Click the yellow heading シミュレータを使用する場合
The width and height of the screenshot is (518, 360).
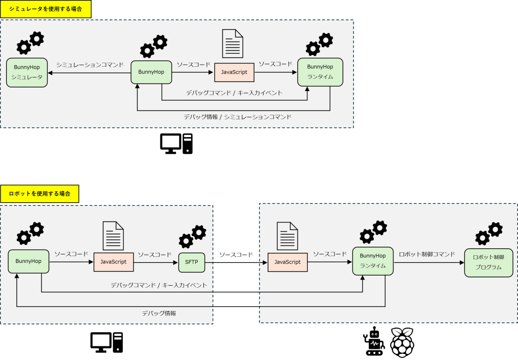(46, 9)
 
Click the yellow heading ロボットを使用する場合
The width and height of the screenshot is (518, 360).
(39, 194)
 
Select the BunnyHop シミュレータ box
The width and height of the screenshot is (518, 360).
(27, 72)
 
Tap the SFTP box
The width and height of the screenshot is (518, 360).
(192, 262)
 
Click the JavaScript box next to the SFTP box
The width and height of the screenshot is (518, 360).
(113, 262)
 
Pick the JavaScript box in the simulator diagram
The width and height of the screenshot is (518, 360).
(234, 72)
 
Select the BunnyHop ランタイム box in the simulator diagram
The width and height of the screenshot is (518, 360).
(320, 72)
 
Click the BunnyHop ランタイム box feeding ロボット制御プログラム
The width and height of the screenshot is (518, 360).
(373, 261)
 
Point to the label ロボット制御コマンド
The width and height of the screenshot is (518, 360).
(427, 254)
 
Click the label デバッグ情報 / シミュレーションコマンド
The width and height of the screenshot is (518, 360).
(238, 117)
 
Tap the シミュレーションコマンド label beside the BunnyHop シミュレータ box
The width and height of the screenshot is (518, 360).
(90, 65)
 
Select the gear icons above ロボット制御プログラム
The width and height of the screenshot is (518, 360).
(489, 233)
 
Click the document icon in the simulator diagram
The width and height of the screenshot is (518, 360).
(232, 44)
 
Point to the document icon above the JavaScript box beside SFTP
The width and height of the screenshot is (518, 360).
(113, 236)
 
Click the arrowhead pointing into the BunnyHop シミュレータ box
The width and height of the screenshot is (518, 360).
(51, 73)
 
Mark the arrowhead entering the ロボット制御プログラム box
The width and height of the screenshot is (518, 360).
(461, 263)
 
